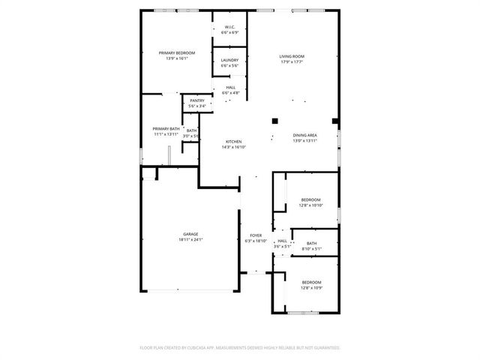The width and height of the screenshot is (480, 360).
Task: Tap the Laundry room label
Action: [x=229, y=60]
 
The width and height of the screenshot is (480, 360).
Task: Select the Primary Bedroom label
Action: [x=177, y=52]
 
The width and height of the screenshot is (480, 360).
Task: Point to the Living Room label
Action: [x=291, y=55]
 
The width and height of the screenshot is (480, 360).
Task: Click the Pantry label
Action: [x=197, y=100]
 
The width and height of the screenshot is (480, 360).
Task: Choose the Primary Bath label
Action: [x=166, y=129]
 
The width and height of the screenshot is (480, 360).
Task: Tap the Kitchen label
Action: [x=234, y=142]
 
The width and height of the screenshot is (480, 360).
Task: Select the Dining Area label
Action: [x=305, y=136]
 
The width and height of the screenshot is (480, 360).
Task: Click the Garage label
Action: [x=191, y=234]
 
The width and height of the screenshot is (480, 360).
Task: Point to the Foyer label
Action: [x=256, y=235]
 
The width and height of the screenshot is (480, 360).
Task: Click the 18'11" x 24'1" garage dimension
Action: [x=191, y=240]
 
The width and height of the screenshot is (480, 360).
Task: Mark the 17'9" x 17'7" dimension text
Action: [x=291, y=61]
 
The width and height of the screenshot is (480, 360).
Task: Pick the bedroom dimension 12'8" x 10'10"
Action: [x=310, y=205]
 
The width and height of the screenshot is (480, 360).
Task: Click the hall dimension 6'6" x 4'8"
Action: [x=229, y=92]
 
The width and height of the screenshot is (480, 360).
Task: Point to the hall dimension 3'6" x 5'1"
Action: [x=282, y=246]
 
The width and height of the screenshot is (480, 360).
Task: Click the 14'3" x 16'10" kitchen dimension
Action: [x=234, y=147]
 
